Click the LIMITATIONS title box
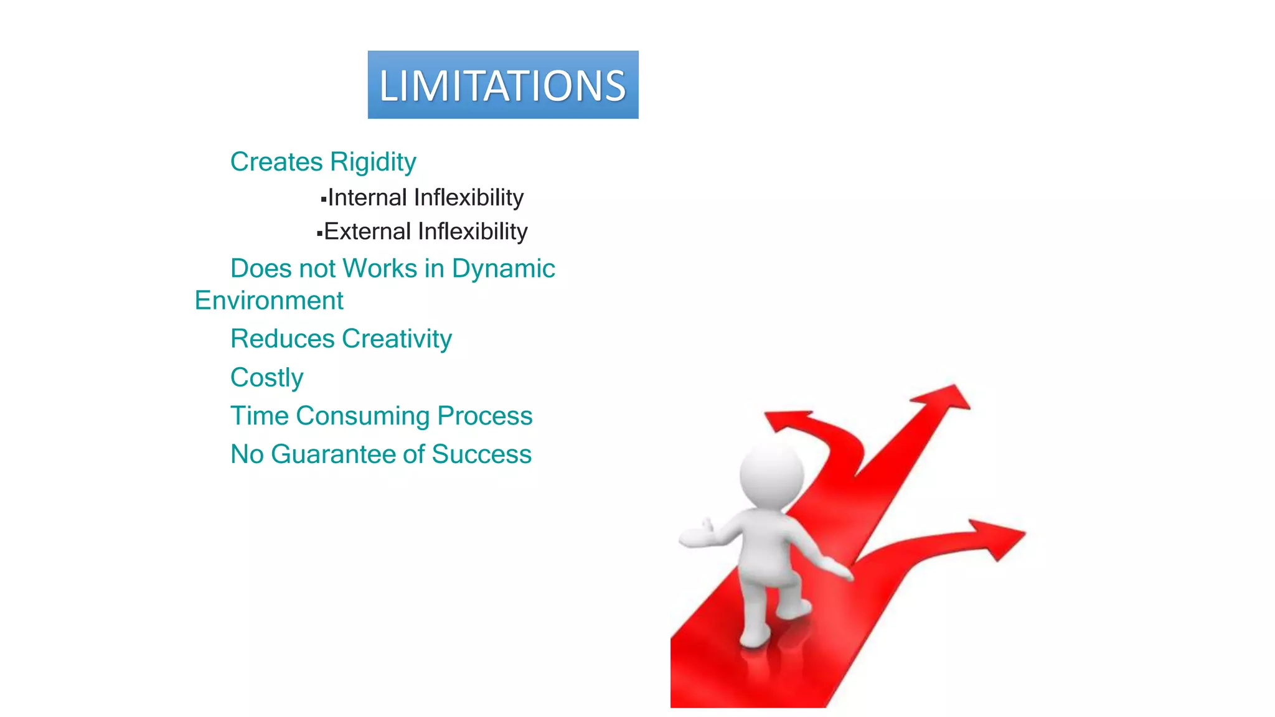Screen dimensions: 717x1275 tap(502, 85)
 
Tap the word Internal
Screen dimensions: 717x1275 tap(367, 197)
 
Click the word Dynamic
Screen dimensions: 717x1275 tap(503, 269)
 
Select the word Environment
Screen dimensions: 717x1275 tap(268, 301)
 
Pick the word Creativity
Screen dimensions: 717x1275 tap(397, 339)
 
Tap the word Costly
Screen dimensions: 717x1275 tap(266, 378)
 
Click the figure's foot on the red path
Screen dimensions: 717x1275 tap(755, 637)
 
